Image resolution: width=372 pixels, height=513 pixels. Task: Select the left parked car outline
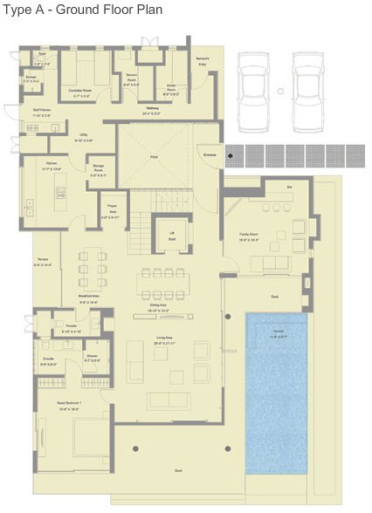click(253, 79)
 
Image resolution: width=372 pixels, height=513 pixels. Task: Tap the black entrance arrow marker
click(231, 156)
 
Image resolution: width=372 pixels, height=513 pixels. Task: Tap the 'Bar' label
click(289, 187)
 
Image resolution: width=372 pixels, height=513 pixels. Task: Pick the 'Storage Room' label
click(98, 171)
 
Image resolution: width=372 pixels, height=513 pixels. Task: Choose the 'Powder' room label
click(71, 325)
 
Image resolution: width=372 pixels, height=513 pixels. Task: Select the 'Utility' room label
click(83, 136)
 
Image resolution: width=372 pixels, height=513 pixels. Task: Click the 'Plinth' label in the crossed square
click(153, 158)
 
